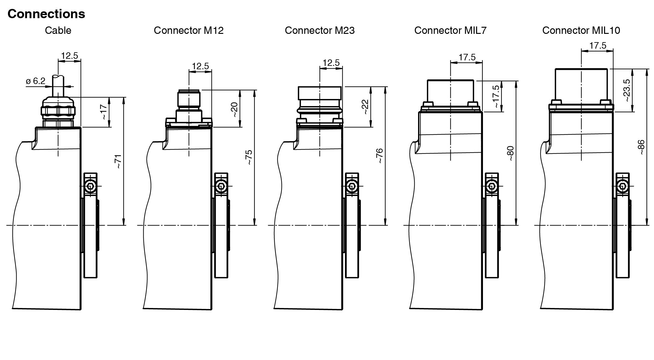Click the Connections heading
pos(46,14)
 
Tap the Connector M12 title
pos(189,30)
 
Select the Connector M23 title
pos(320,30)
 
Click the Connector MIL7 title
pos(450,30)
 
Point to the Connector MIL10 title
pos(581,30)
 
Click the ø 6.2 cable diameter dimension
pos(36,81)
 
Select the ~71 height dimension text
pos(118,162)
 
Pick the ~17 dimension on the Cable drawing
pos(104,112)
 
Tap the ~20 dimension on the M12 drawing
pos(234,110)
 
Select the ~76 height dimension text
pos(380,156)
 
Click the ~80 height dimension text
pos(510,154)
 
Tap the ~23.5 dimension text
pos(627,90)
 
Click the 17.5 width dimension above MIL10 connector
pos(598,46)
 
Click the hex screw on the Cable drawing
pos(90,186)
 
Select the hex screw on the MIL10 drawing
pos(623,186)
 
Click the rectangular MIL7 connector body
pos(451,91)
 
